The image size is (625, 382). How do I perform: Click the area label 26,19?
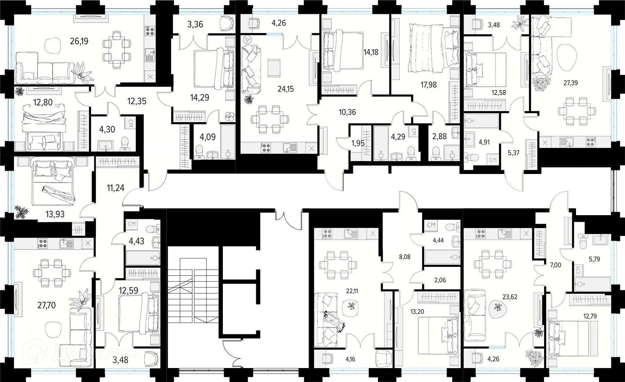click(x=79, y=41)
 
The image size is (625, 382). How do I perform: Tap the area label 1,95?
click(x=358, y=143)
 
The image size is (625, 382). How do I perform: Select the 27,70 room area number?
click(x=46, y=305)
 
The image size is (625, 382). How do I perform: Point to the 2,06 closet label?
click(x=440, y=280)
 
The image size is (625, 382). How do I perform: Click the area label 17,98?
click(x=428, y=85)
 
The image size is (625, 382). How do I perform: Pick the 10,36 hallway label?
click(x=347, y=112)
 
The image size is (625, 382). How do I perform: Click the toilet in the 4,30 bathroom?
click(x=125, y=143)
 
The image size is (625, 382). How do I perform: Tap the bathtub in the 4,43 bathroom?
click(x=143, y=258)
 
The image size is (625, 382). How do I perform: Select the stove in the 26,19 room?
click(x=150, y=31)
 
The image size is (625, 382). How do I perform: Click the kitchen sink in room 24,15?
click(x=290, y=148)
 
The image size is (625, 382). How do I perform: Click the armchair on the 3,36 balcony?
click(x=227, y=23)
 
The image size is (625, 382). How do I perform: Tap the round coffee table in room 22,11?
click(x=351, y=305)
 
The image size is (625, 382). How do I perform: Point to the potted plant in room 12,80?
click(x=19, y=91)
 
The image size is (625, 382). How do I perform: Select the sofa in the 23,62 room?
click(x=475, y=315)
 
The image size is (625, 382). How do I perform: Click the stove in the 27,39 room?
click(x=590, y=142)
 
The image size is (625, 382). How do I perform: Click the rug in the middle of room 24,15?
click(x=274, y=68)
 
